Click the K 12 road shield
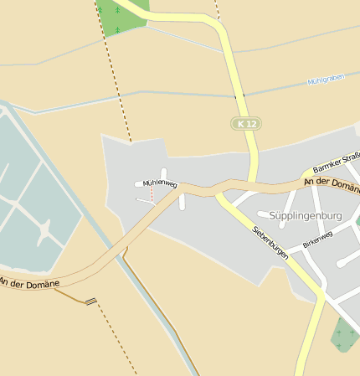point(245,124)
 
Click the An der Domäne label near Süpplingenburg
point(332,180)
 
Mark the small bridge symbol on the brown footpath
point(90,301)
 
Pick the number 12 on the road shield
point(249,124)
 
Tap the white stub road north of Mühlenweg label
point(164,173)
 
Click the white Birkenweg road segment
point(311,252)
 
